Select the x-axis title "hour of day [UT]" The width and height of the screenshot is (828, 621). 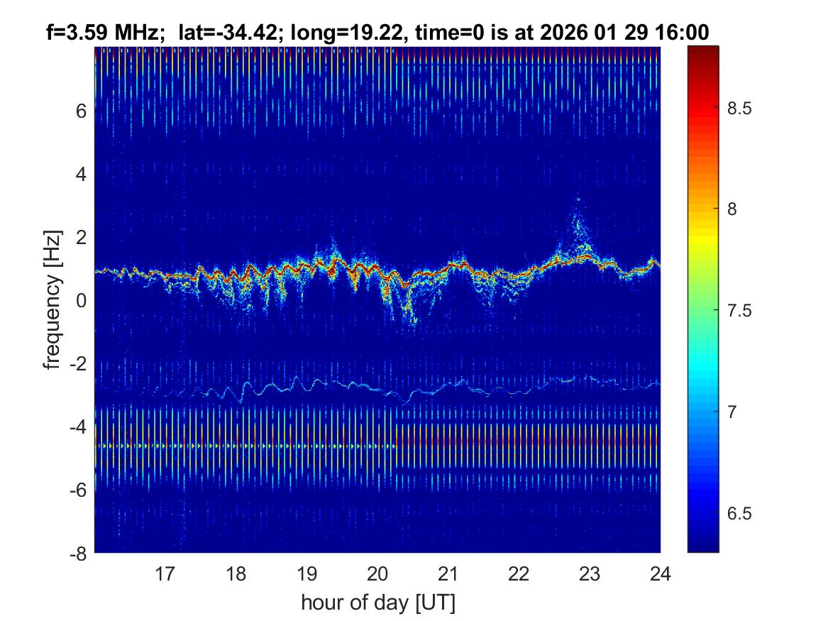coord(377,603)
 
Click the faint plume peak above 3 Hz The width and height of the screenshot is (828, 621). coord(578,201)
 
